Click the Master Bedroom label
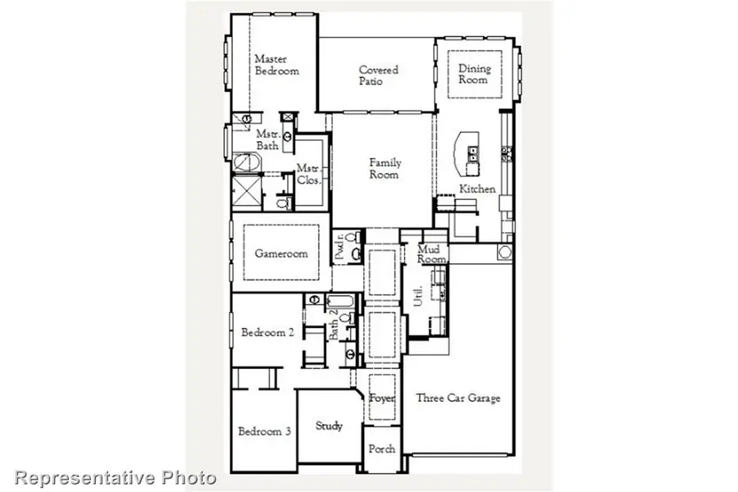(x=276, y=65)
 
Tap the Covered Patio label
(x=378, y=75)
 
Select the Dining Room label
(x=473, y=74)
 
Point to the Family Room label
(x=384, y=168)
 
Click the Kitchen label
(x=476, y=189)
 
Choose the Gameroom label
(x=280, y=253)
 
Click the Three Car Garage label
(x=458, y=399)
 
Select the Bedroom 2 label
(x=267, y=333)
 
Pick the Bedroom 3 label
(x=264, y=431)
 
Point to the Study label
(x=329, y=426)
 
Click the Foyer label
(x=382, y=399)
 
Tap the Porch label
(x=382, y=449)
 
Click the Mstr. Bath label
(x=267, y=139)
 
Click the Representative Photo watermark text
(x=116, y=477)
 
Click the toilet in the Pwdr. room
(x=354, y=254)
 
